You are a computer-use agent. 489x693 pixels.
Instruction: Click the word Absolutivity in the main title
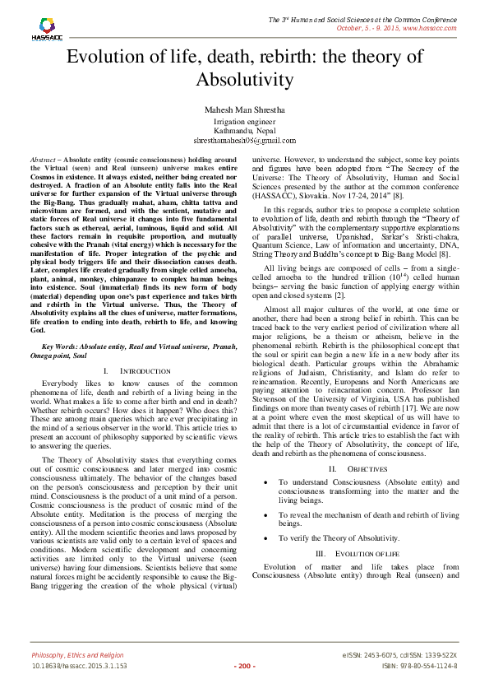pyautogui.click(x=244, y=80)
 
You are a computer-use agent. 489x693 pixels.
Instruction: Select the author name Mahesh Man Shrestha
pyautogui.click(x=244, y=109)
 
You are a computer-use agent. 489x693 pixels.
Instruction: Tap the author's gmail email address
pyautogui.click(x=244, y=141)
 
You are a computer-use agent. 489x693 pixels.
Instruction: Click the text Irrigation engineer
pyautogui.click(x=244, y=122)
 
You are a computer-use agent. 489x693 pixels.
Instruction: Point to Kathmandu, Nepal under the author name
pyautogui.click(x=244, y=131)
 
